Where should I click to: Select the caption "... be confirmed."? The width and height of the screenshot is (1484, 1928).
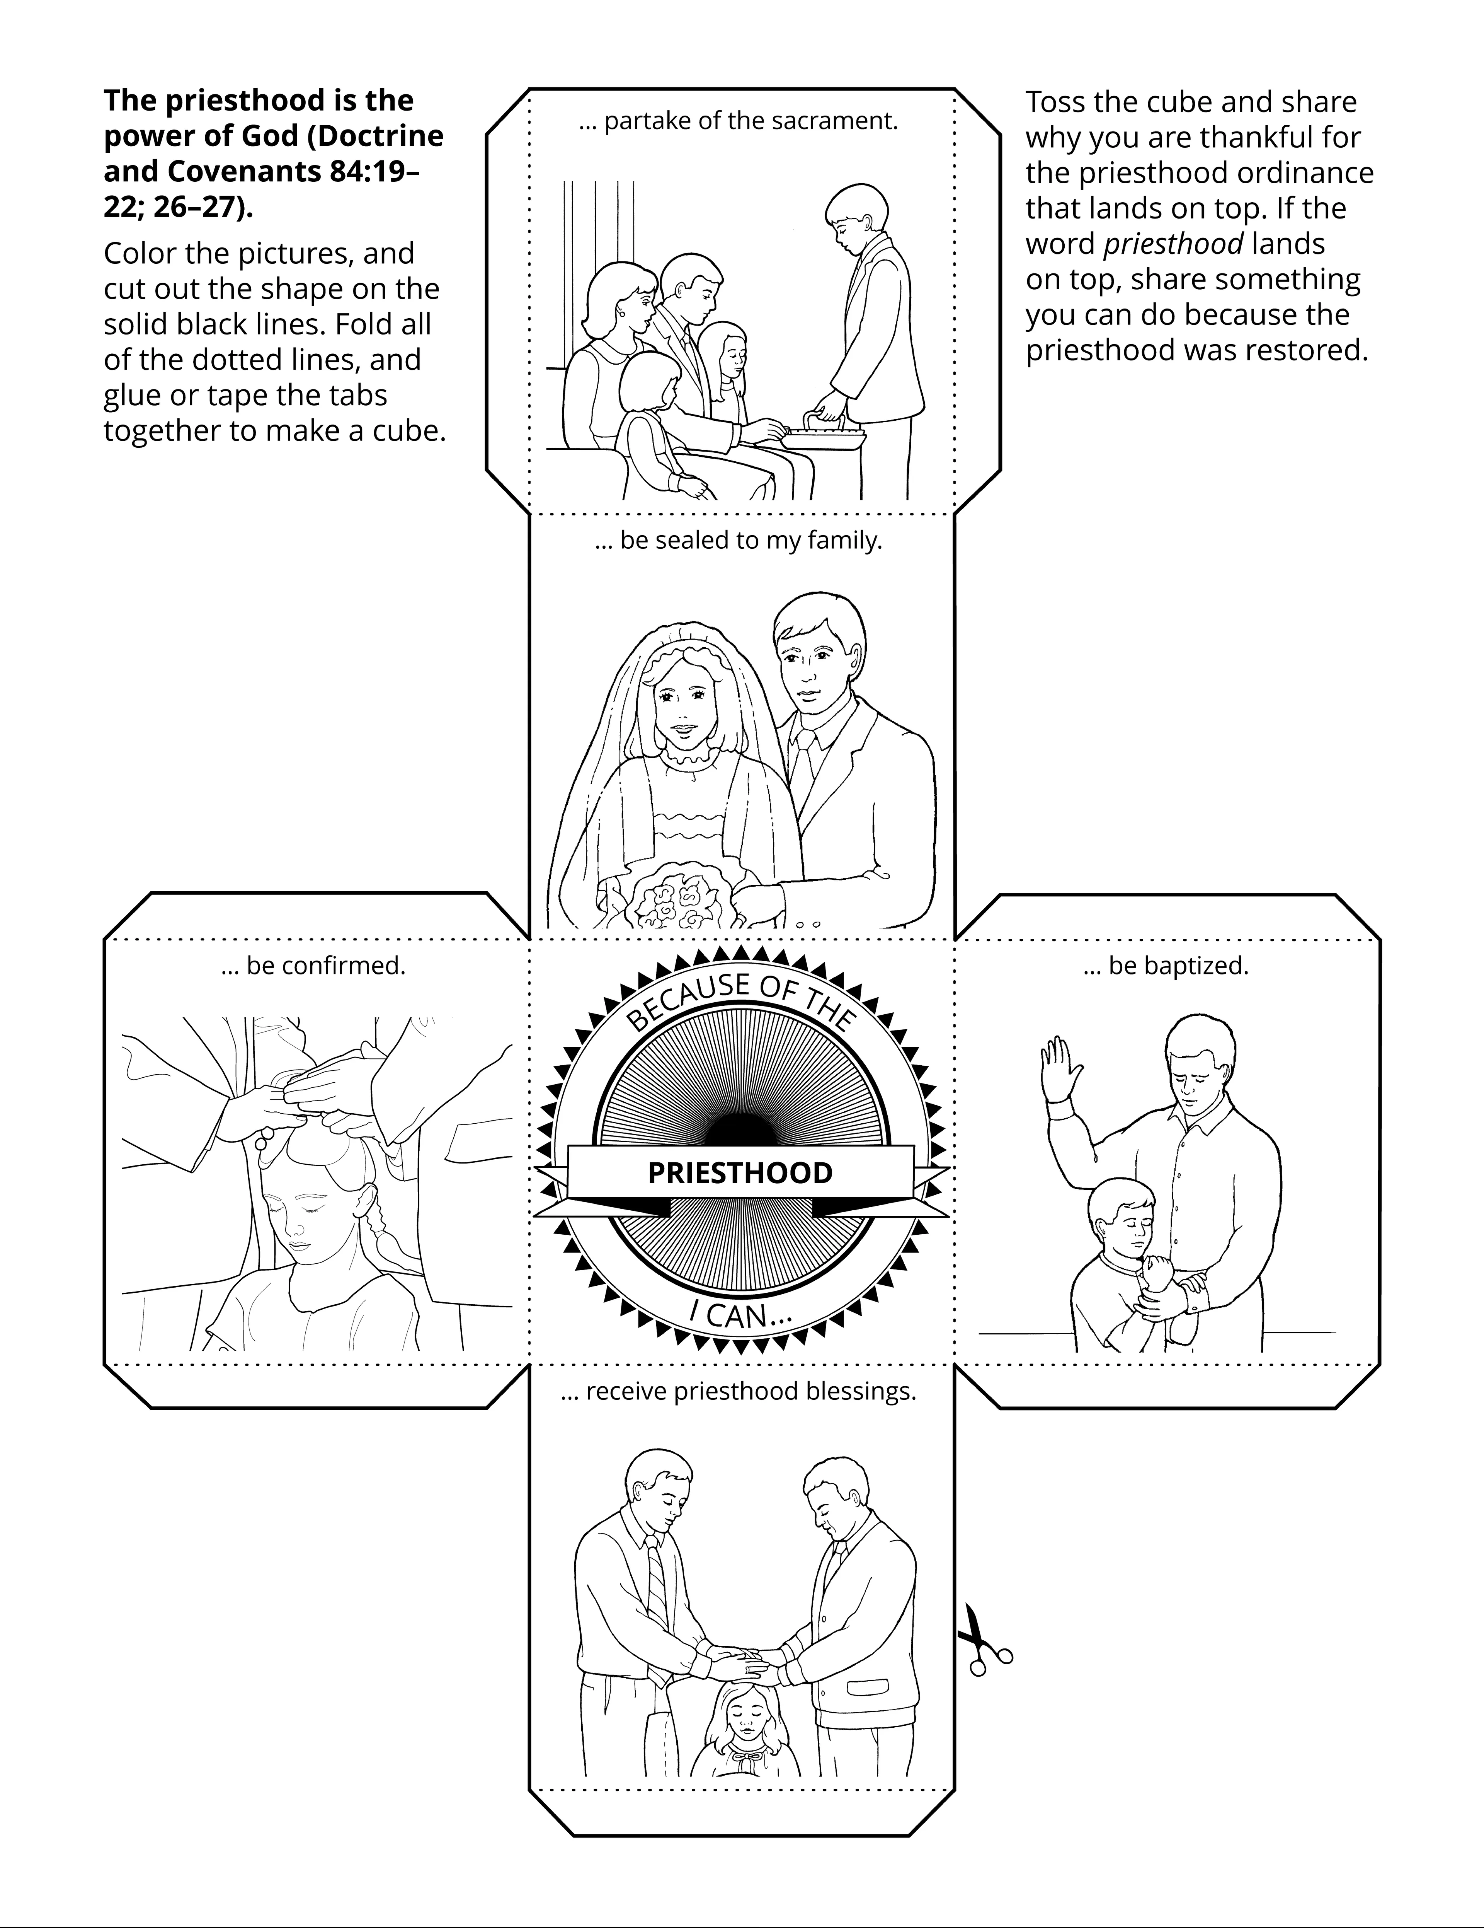click(313, 966)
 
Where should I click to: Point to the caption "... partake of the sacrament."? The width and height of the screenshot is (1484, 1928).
click(739, 121)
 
